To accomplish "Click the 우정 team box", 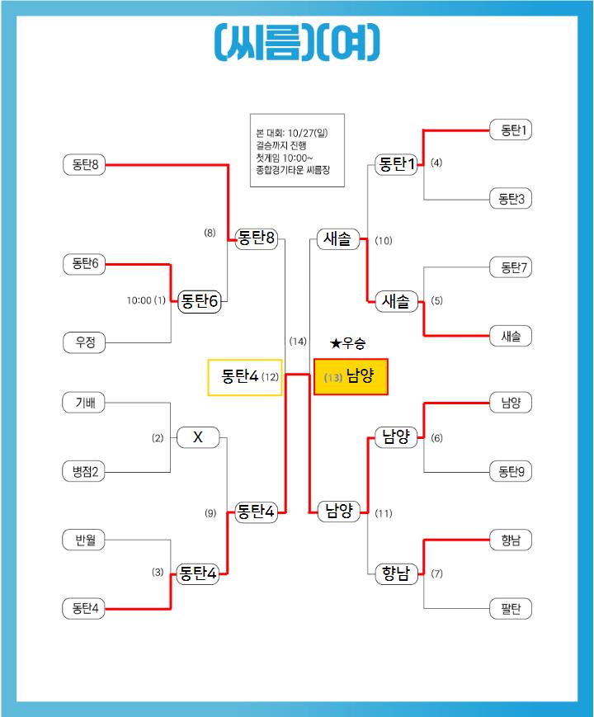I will (85, 342).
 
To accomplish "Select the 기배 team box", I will (85, 403).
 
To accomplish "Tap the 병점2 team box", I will (85, 472).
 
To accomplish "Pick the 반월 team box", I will (85, 540).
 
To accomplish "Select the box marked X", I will (198, 437).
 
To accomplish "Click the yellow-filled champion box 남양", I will (351, 377).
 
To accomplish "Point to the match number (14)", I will (298, 341).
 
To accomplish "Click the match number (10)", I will (384, 241).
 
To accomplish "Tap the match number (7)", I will (437, 573).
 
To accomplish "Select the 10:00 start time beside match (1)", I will (138, 301).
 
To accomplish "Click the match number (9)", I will (210, 513).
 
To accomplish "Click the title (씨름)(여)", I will (297, 41).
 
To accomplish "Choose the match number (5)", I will (437, 301).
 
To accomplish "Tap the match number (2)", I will (158, 438).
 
